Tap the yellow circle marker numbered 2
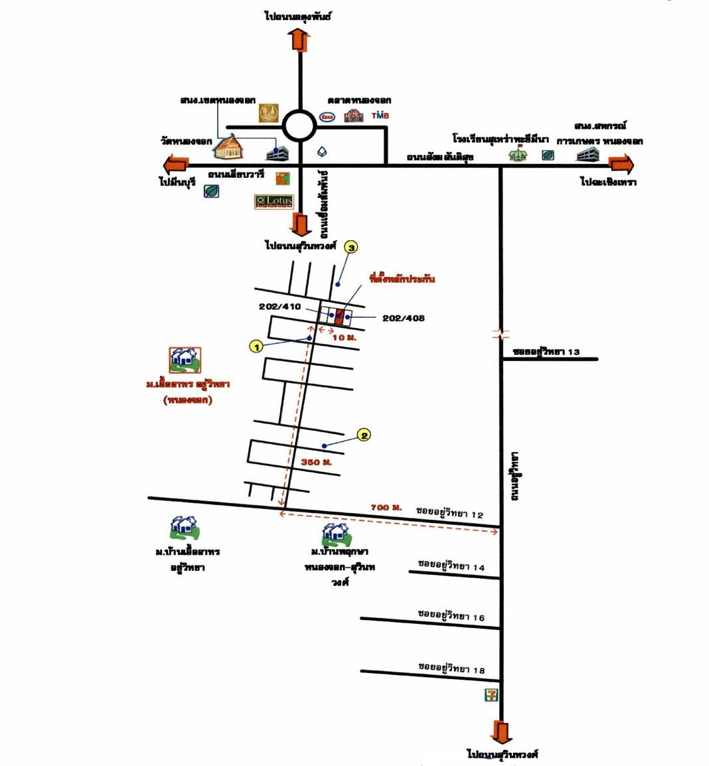click(x=364, y=435)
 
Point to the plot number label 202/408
click(x=404, y=318)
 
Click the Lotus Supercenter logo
click(x=274, y=201)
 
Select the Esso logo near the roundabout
click(x=327, y=116)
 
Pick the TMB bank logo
click(x=380, y=115)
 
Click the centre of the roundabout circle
click(x=299, y=125)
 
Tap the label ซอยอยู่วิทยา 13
click(x=546, y=351)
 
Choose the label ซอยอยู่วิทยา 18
click(x=451, y=668)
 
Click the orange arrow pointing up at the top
click(x=300, y=40)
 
